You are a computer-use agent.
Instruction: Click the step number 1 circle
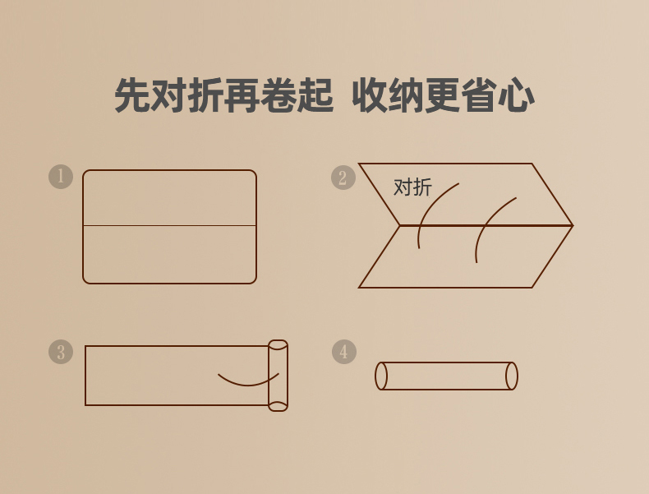pos(61,177)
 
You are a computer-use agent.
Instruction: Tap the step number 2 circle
pos(343,178)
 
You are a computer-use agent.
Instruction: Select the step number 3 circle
pos(61,352)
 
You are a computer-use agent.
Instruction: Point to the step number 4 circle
pos(344,352)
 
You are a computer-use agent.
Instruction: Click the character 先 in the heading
pos(131,95)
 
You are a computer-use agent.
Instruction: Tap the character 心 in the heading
pos(516,95)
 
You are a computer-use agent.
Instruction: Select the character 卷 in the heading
pos(278,95)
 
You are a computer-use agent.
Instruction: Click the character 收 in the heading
pos(370,95)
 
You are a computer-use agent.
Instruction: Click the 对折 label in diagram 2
pos(412,187)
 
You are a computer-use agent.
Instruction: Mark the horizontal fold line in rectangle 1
pos(170,226)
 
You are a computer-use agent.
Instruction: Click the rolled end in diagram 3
pos(278,376)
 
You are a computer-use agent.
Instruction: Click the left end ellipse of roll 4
pos(381,376)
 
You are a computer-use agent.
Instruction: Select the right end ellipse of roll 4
pos(512,376)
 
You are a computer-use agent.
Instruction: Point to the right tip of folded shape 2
pos(573,225)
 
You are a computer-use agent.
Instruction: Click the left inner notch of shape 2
pos(399,226)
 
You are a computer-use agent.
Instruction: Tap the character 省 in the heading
pos(479,95)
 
